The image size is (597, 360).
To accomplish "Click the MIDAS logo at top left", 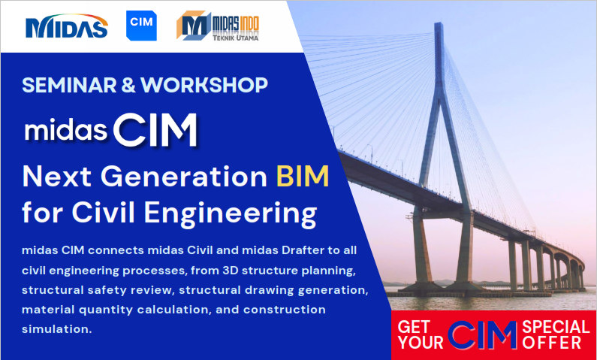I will (67, 26).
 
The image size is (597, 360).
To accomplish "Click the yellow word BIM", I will (302, 177).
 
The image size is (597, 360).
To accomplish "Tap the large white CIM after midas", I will (156, 131).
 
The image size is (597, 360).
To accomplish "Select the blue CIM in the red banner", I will (483, 334).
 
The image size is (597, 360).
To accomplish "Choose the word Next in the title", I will (55, 177).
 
